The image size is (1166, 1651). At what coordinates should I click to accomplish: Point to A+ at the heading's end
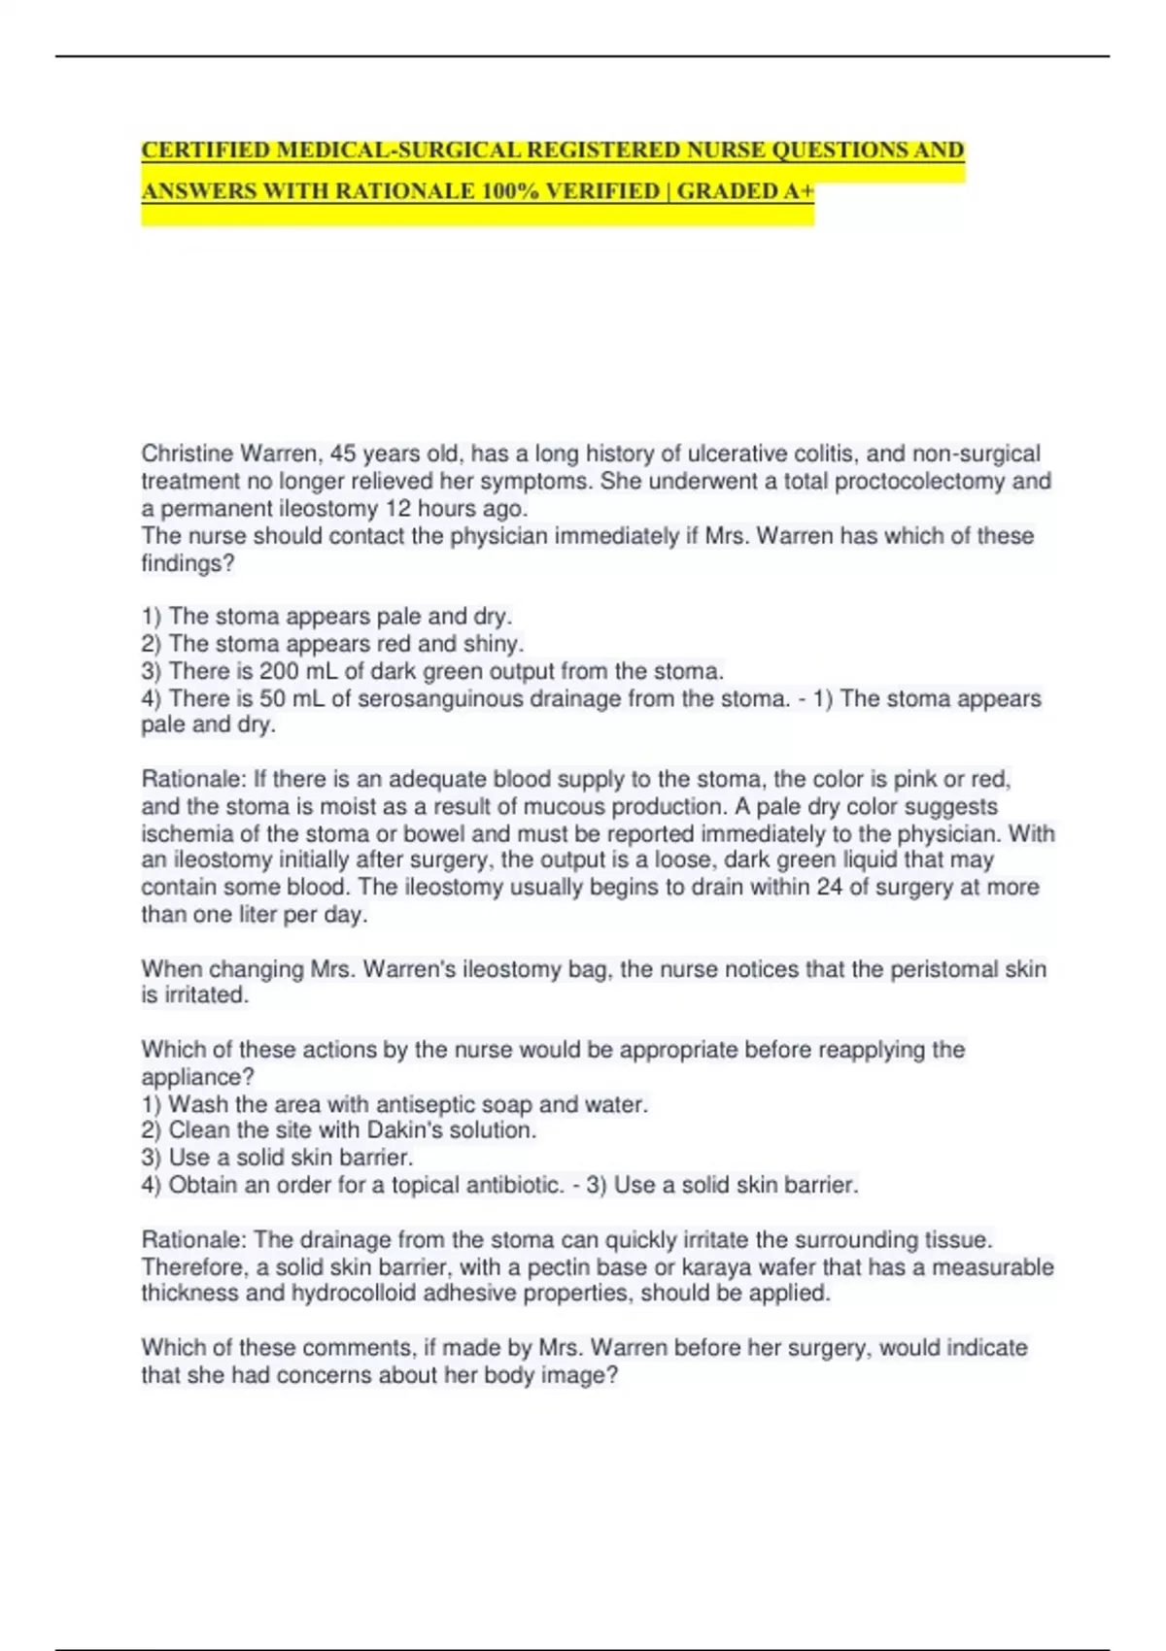click(x=798, y=191)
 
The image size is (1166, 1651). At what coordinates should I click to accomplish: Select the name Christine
click(x=187, y=454)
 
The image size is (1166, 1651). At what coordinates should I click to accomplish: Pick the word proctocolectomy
click(x=919, y=481)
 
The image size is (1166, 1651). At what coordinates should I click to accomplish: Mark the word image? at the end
click(x=582, y=1375)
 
